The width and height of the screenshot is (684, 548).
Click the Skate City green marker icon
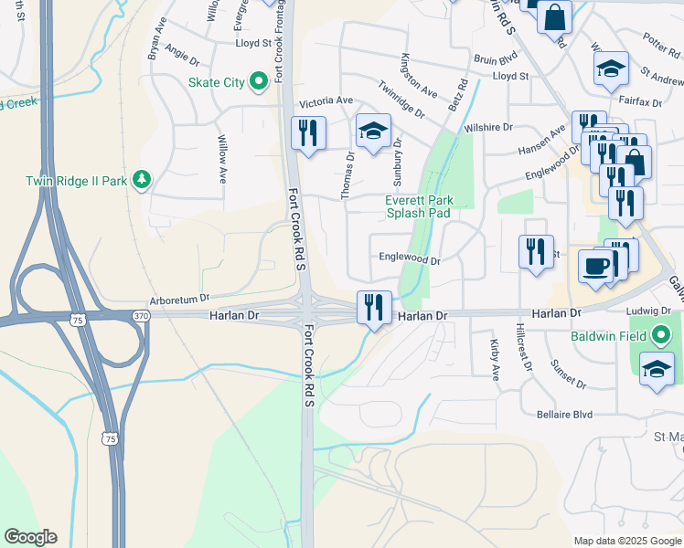coord(259,82)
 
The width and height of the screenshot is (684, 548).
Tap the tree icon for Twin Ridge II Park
coord(141,181)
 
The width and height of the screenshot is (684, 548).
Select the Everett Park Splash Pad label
coord(418,206)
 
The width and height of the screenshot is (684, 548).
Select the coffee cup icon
coord(594,267)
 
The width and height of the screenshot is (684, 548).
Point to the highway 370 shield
coord(140,315)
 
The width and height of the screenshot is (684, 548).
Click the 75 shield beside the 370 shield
coord(79,319)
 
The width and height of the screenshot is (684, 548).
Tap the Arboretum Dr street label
coord(180,298)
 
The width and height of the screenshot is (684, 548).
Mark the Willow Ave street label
coord(221,160)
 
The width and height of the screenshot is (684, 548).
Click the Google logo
coord(30,537)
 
